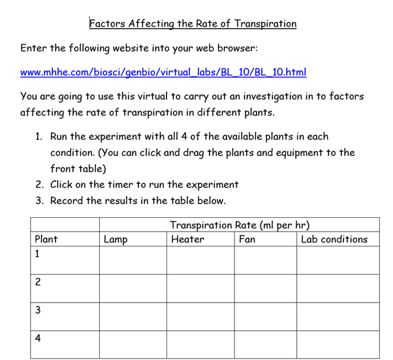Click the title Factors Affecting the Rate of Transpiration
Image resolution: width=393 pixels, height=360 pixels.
point(193,23)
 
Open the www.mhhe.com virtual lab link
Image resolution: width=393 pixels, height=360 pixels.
point(163,72)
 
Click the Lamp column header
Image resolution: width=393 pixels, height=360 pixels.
point(116,240)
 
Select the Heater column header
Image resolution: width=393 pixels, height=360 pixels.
point(187,240)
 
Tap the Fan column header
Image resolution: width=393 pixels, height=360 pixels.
point(247,240)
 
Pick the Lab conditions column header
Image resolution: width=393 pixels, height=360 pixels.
point(334,240)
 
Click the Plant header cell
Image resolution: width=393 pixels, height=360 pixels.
point(46,239)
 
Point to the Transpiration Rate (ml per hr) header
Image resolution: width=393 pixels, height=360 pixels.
point(239,225)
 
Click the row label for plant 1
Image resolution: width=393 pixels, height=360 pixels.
point(38,254)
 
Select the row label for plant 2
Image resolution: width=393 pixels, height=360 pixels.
point(38,282)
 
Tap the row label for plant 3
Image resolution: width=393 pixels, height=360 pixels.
point(38,310)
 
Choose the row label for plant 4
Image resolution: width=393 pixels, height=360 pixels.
point(38,338)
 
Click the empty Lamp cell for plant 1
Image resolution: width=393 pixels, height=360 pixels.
point(133,261)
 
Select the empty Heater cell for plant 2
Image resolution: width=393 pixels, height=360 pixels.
point(200,288)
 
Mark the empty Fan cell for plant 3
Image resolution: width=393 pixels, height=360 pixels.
point(265,316)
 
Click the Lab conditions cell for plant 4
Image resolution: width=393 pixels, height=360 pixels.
point(338,344)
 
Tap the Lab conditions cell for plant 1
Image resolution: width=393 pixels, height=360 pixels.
point(338,261)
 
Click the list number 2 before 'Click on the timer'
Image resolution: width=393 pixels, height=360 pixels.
point(39,185)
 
